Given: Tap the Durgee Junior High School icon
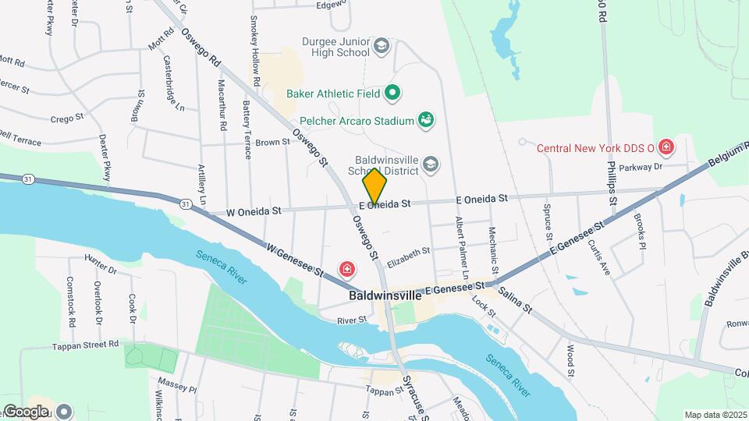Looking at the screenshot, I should pos(382,46).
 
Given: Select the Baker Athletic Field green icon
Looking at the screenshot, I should pos(394,94).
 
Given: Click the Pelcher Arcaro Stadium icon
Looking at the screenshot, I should pos(426,120).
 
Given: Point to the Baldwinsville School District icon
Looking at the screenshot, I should pos(431,164).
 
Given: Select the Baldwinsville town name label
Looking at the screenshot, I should pos(385,296).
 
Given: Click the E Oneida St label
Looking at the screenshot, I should pos(385,203).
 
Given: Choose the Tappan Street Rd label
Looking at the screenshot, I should pos(85,345).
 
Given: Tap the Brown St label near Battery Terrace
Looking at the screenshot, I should pos(272,143).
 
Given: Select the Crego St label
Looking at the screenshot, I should pos(66,118).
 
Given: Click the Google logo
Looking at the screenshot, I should pos(25,411).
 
